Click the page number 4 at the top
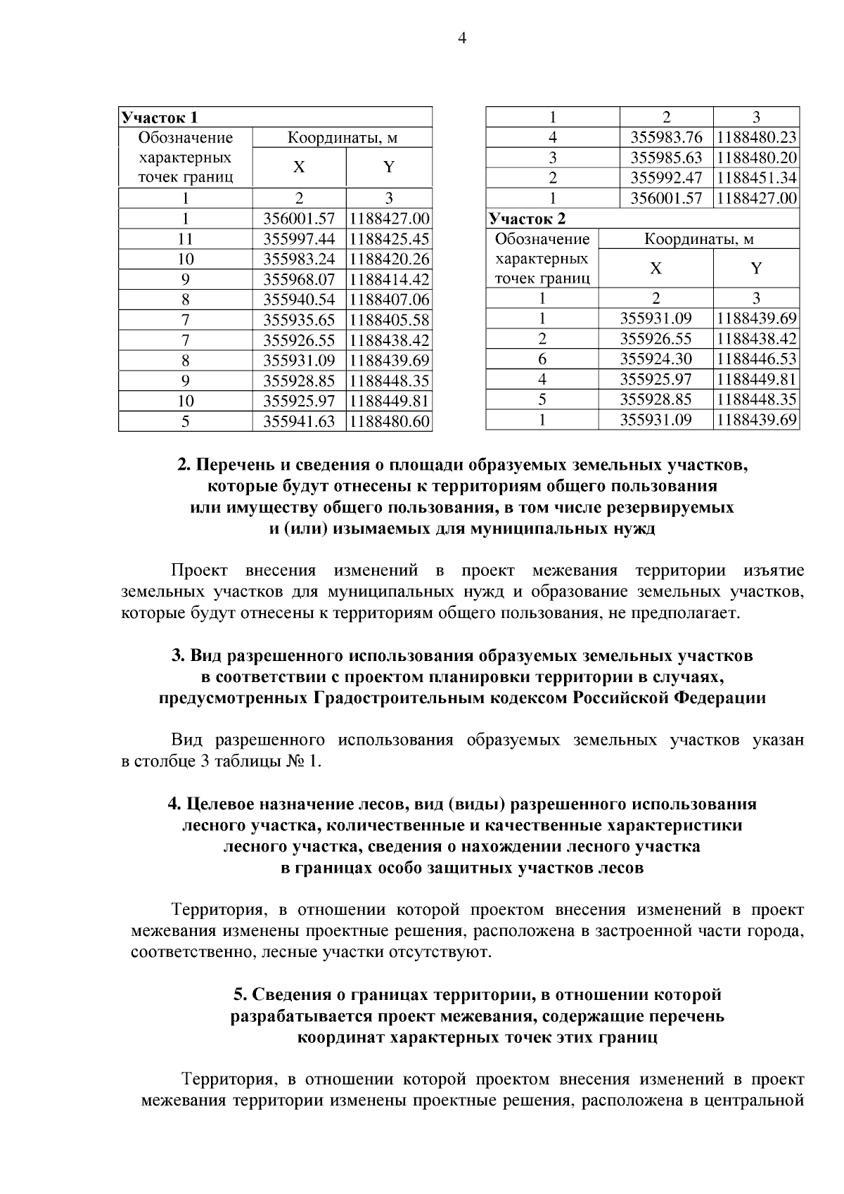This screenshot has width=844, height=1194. pyautogui.click(x=462, y=39)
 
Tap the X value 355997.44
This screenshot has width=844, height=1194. pyautogui.click(x=299, y=239)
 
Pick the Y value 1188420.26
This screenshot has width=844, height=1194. pyautogui.click(x=389, y=259)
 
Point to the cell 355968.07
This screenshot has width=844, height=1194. pyautogui.click(x=299, y=280)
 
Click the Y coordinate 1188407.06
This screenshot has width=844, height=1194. pyautogui.click(x=389, y=300)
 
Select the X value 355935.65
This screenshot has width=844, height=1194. pyautogui.click(x=299, y=321)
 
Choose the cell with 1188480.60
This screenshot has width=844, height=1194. pyautogui.click(x=389, y=422)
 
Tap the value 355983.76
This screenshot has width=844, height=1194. pyautogui.click(x=666, y=138)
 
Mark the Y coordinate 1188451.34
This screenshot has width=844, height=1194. pyautogui.click(x=756, y=178)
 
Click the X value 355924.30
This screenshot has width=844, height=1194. pyautogui.click(x=656, y=359)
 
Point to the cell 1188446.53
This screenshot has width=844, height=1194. pyautogui.click(x=756, y=359)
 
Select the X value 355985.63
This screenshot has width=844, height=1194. pyautogui.click(x=666, y=158)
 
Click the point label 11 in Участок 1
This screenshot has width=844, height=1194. pyautogui.click(x=185, y=239)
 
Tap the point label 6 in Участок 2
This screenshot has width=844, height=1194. pyautogui.click(x=542, y=359)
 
